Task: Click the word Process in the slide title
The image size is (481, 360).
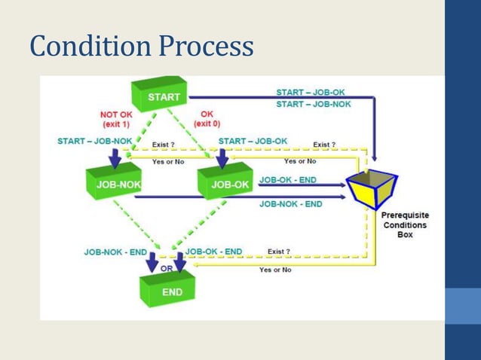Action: (x=203, y=47)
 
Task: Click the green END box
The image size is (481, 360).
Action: (x=167, y=288)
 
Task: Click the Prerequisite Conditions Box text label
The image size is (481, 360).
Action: (x=403, y=224)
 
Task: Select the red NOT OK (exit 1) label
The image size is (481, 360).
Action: (x=118, y=119)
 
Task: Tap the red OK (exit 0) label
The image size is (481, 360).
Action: (x=207, y=119)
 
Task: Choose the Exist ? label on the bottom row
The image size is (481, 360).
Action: (x=279, y=252)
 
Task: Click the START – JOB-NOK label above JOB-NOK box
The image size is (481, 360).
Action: (x=95, y=141)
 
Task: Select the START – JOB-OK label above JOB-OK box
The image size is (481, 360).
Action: (x=253, y=141)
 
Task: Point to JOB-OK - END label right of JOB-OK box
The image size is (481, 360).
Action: (x=290, y=180)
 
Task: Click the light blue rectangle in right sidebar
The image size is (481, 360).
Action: (x=462, y=305)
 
